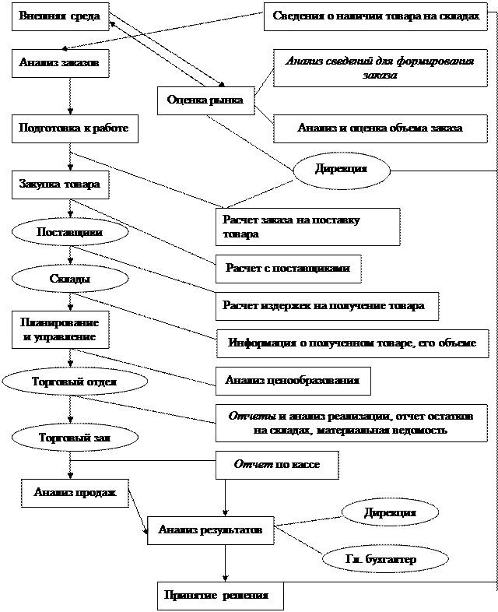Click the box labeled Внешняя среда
60,16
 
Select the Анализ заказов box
60,63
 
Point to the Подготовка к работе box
75,128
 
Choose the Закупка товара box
60,185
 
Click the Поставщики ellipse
71,232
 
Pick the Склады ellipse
71,278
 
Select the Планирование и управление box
60,330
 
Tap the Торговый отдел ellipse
75,382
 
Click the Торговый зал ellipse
75,438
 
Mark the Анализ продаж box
75,493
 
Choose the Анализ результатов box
210,530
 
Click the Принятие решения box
219,596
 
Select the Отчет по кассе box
277,465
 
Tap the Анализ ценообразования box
293,381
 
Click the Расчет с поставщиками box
288,269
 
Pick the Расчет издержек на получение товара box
327,306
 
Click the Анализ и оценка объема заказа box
380,128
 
